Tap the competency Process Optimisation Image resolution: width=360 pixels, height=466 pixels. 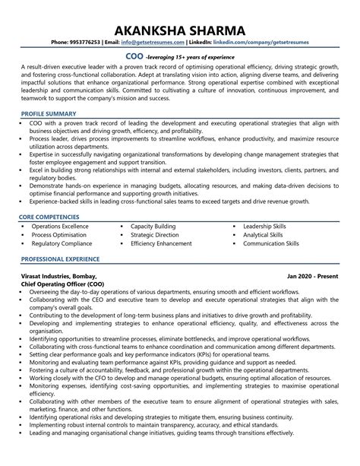click(59, 235)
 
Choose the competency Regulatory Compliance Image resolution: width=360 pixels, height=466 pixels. click(62, 244)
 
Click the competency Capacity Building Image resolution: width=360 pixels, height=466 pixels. click(153, 227)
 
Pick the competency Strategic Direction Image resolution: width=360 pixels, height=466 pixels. click(155, 235)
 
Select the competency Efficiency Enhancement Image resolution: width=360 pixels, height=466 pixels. click(161, 244)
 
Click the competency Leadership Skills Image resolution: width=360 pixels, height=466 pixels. click(264, 227)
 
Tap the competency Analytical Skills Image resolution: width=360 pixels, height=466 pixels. click(263, 235)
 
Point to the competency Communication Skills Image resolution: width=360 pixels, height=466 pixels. click(271, 244)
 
